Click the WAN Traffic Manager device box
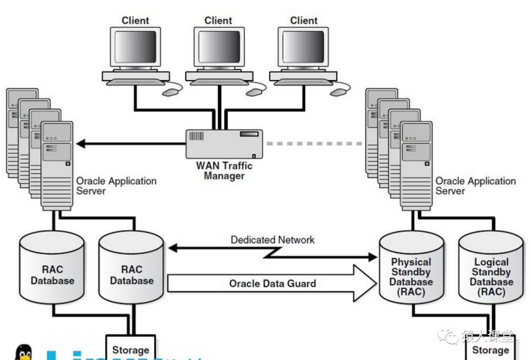click(224, 143)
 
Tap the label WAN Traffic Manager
click(224, 171)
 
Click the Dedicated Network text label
click(272, 240)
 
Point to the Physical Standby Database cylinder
click(411, 271)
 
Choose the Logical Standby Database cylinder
click(491, 272)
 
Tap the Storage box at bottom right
click(490, 350)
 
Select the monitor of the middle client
click(219, 48)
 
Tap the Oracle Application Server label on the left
click(116, 185)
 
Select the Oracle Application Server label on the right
click(475, 185)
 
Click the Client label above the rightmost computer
click(304, 21)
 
